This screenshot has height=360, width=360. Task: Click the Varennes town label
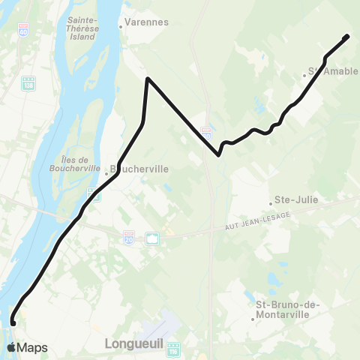click(x=144, y=23)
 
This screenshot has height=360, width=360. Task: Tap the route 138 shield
click(x=28, y=82)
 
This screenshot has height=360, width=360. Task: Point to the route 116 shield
click(x=175, y=349)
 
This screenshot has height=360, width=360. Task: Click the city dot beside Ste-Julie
click(x=271, y=202)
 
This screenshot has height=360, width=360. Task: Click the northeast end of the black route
click(x=347, y=37)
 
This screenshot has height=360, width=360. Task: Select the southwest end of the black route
click(x=13, y=322)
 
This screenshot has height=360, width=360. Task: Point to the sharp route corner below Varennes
click(x=148, y=79)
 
